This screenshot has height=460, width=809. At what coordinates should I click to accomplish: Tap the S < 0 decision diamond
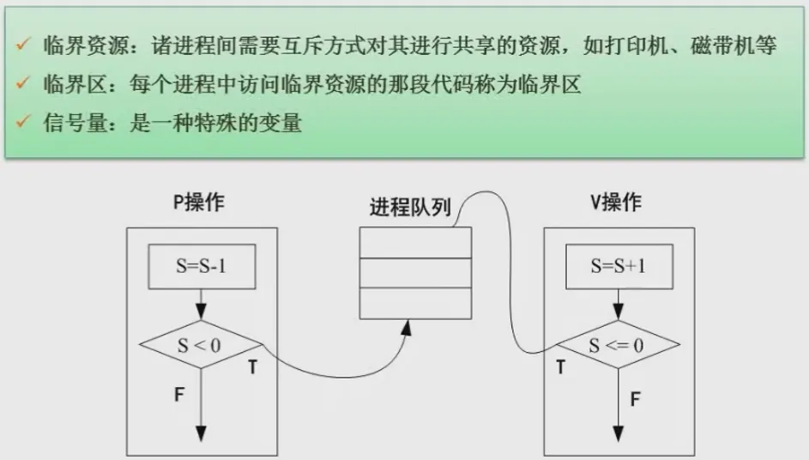click(x=201, y=347)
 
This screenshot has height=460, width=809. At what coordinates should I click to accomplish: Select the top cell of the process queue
click(x=415, y=242)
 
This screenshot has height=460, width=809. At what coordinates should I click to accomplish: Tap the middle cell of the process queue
click(x=415, y=272)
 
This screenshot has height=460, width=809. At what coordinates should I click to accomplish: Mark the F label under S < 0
click(x=180, y=396)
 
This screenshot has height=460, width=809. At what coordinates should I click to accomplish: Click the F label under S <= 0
click(x=636, y=398)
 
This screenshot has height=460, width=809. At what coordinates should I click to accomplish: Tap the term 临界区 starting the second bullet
click(x=70, y=85)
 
